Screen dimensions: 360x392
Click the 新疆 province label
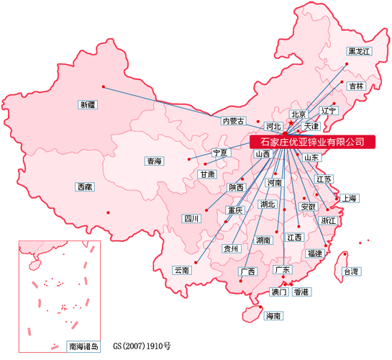click(x=87, y=104)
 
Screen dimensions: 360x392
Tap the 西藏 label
click(x=84, y=186)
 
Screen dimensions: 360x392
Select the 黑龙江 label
click(x=359, y=51)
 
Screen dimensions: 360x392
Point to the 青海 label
click(x=154, y=161)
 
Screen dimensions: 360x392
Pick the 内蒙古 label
click(x=234, y=121)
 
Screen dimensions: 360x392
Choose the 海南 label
click(x=273, y=315)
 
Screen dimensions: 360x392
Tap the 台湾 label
click(x=351, y=271)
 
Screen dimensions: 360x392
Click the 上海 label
click(x=350, y=198)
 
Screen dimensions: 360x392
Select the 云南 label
click(x=181, y=270)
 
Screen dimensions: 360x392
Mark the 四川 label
click(x=191, y=218)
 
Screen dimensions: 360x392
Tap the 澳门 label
click(x=278, y=292)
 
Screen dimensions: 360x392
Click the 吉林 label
click(x=356, y=86)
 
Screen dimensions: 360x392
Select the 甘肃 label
click(x=207, y=174)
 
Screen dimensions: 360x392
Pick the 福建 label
click(x=314, y=253)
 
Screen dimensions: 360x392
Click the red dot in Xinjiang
click(x=104, y=87)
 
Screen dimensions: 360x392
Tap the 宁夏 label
click(x=219, y=153)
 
